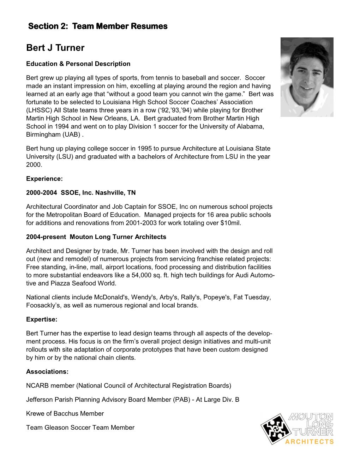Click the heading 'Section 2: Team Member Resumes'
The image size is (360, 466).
pyautogui.click(x=98, y=26)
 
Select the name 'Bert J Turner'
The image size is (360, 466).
pyautogui.click(x=55, y=48)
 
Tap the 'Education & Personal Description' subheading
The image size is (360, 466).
pyautogui.click(x=78, y=64)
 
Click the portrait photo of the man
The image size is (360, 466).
pyautogui.click(x=307, y=77)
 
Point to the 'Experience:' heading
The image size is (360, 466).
pyautogui.click(x=44, y=179)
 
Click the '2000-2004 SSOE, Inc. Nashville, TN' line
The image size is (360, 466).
pyautogui.click(x=81, y=193)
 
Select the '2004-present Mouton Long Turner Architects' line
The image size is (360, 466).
pyautogui.click(x=96, y=237)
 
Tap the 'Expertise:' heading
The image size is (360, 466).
pyautogui.click(x=42, y=319)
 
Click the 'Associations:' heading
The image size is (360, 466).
pyautogui.click(x=47, y=372)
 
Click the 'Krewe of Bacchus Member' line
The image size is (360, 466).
pyautogui.click(x=65, y=413)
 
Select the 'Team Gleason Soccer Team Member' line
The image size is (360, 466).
pyautogui.click(x=80, y=428)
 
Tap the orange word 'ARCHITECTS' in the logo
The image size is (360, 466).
pyautogui.click(x=310, y=442)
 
